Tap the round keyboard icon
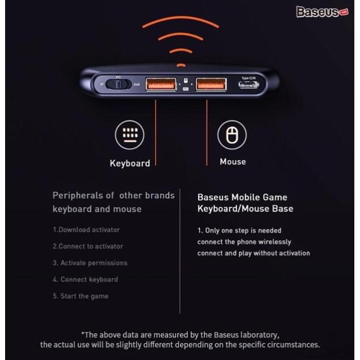[130, 135]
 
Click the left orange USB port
[155, 85]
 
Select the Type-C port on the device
[249, 85]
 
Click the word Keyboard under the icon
[130, 164]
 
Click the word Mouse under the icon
[233, 162]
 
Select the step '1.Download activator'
[86, 230]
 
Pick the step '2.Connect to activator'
[88, 246]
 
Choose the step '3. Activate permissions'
[90, 263]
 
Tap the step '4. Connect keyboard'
[85, 279]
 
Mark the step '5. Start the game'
[80, 296]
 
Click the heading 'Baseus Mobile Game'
[242, 198]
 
